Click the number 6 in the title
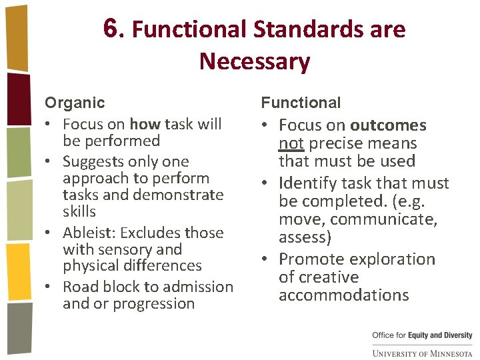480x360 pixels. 112,28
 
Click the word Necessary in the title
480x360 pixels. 254,61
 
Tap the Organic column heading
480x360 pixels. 75,103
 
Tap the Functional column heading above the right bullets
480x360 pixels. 301,103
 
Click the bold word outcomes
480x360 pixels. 388,125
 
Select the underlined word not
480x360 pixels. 291,143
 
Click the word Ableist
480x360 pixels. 88,233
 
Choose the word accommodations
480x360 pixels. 343,295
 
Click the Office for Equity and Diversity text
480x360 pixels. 422,335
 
